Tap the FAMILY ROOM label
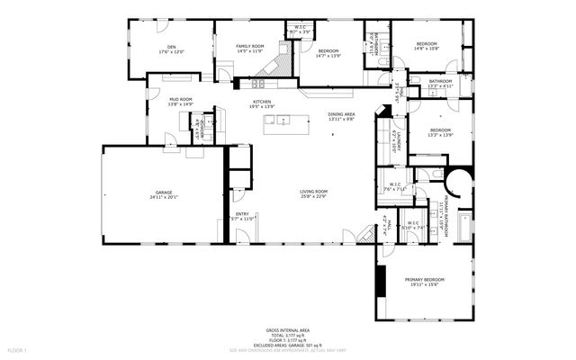pos(249,46)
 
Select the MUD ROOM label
pos(181,100)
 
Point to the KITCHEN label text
pos(262,102)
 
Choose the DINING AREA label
pos(341,114)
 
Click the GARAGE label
pos(162,193)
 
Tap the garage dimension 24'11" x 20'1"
pos(162,198)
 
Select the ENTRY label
pos(243,213)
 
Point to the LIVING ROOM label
pos(313,191)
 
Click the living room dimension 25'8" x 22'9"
pos(313,196)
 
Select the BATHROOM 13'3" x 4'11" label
pos(440,81)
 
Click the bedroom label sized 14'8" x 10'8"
pos(426,44)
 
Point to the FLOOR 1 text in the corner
pos(18,348)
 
